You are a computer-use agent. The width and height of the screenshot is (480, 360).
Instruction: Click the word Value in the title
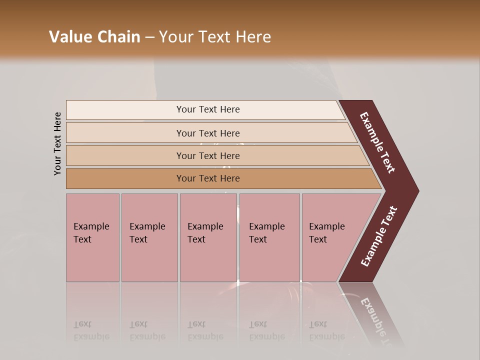point(69,37)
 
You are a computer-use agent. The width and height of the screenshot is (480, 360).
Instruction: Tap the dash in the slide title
point(149,37)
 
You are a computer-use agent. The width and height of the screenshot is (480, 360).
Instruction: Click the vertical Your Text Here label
point(57,143)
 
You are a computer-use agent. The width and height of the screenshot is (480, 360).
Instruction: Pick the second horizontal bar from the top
point(207,133)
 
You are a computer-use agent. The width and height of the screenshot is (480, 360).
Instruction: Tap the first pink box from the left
point(92,237)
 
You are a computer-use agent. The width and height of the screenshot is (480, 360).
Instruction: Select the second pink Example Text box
point(149,237)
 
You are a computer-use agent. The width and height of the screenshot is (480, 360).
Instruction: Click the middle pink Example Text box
point(208,237)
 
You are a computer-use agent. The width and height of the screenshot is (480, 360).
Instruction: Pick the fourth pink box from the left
point(269,237)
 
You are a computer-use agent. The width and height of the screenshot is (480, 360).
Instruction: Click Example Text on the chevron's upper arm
point(378,142)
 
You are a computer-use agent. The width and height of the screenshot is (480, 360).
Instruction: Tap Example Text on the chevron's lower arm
point(379,236)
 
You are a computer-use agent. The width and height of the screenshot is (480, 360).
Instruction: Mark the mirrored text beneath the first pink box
point(90,330)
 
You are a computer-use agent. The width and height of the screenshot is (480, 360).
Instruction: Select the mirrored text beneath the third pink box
point(205,330)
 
